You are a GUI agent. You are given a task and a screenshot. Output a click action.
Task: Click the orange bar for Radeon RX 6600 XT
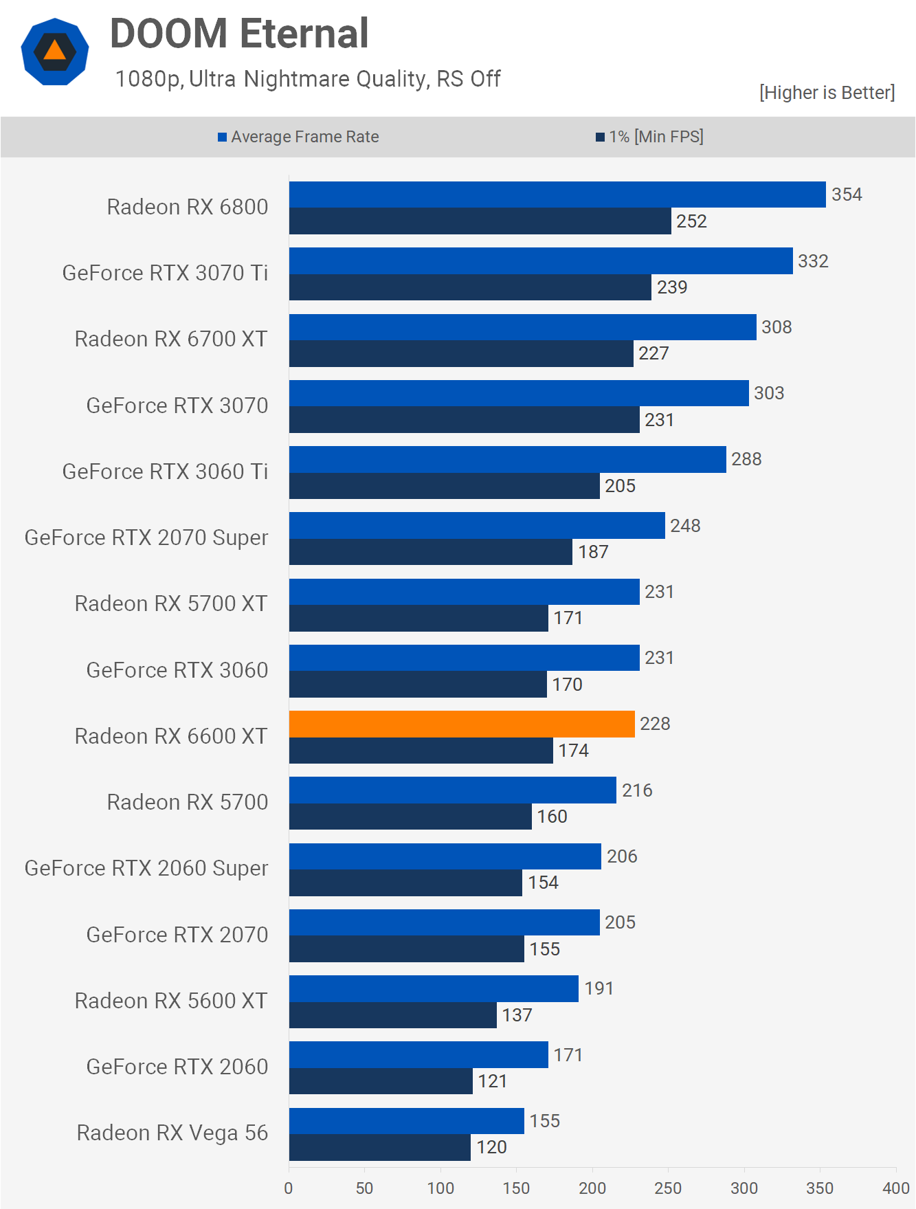pos(462,724)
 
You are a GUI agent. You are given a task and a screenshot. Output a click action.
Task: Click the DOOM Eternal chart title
pos(239,34)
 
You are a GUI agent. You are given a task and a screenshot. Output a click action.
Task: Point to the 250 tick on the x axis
pos(668,1188)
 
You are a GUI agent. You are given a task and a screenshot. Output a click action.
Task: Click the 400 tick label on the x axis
pos(896,1188)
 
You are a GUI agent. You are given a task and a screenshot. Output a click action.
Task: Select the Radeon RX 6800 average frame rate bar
pos(557,195)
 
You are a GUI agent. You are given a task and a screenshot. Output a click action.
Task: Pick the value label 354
pos(847,195)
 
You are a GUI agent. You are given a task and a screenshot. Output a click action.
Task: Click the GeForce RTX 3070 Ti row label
pos(165,273)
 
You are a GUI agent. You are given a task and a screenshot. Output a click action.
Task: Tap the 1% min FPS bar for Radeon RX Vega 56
pos(379,1147)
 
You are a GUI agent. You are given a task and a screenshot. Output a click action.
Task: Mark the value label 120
pos(491,1147)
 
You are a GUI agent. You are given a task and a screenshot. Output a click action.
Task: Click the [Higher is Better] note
pos(827,93)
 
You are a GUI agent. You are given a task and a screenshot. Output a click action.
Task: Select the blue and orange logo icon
pos(55,52)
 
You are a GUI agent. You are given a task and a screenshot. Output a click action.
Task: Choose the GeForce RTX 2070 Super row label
pos(146,537)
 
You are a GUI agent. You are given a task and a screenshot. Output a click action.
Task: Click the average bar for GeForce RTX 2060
pos(418,1054)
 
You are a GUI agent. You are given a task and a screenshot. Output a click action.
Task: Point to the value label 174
pos(573,751)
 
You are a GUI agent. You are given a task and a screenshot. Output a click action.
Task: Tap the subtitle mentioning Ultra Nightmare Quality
pos(308,79)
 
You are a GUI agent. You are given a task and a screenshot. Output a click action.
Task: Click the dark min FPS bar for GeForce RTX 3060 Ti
pos(444,486)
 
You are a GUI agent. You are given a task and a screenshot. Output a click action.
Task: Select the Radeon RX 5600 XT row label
pos(171,1001)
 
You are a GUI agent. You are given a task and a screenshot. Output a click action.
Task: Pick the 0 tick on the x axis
pos(289,1188)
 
